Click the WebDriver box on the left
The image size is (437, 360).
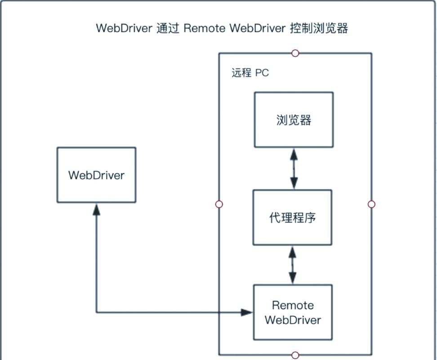click(96, 175)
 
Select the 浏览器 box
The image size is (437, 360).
click(294, 120)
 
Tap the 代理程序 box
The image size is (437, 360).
click(292, 217)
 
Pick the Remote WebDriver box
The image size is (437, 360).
click(293, 312)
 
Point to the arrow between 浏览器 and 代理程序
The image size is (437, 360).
click(294, 169)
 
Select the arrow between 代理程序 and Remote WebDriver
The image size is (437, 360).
click(293, 265)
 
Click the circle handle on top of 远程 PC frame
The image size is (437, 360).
click(295, 53)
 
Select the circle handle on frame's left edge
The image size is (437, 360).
click(219, 204)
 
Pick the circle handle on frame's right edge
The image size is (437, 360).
click(371, 204)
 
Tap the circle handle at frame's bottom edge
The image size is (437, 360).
click(295, 355)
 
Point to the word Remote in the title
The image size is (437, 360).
click(205, 28)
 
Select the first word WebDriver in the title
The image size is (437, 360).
click(124, 28)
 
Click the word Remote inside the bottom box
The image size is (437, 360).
click(293, 305)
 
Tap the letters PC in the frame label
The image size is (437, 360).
click(262, 72)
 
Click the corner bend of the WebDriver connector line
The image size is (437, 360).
click(96, 312)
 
